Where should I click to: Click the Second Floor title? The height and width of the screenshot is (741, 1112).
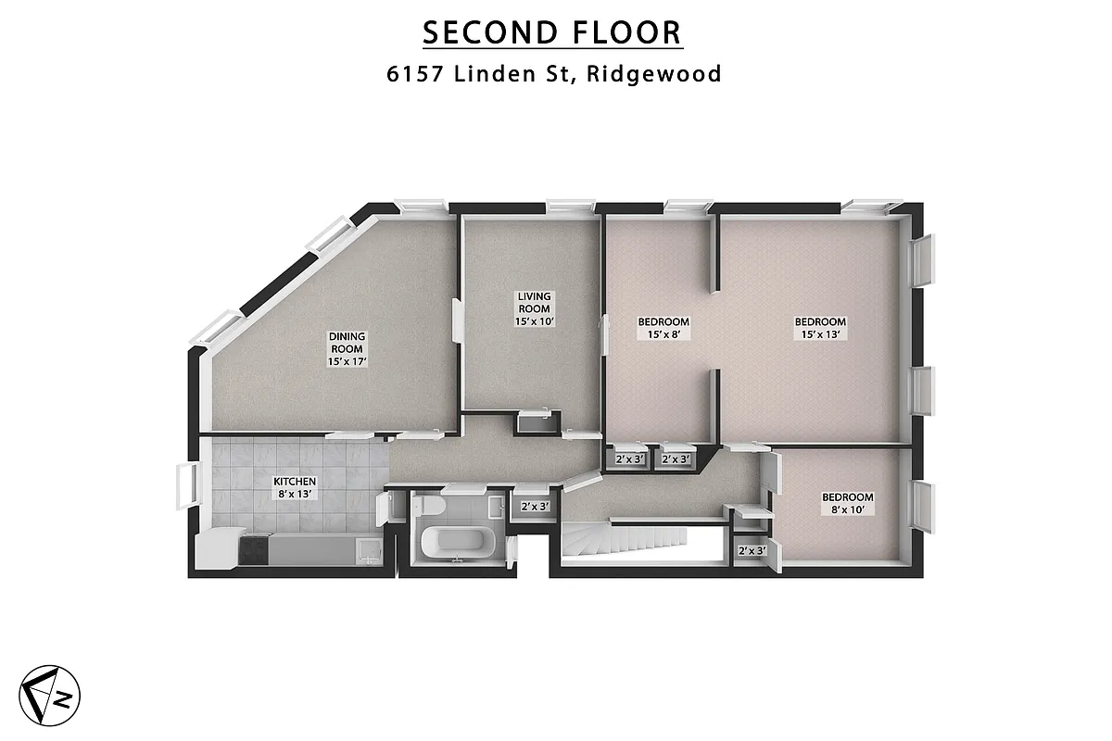coord(552,32)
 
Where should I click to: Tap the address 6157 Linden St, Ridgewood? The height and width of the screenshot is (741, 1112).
coord(554,74)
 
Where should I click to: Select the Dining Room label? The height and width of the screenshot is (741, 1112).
coord(347,348)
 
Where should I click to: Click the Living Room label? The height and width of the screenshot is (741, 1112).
coord(534,309)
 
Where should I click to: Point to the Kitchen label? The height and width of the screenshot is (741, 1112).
coord(295,487)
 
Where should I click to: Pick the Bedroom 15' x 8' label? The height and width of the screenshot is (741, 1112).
coord(663,328)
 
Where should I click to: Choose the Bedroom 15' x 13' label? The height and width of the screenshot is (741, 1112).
coord(820,328)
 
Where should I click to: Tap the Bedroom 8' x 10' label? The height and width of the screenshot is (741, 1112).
coord(848,503)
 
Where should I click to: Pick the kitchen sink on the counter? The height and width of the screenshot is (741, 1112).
coord(370,550)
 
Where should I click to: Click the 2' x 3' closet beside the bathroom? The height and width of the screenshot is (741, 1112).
coord(535,507)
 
